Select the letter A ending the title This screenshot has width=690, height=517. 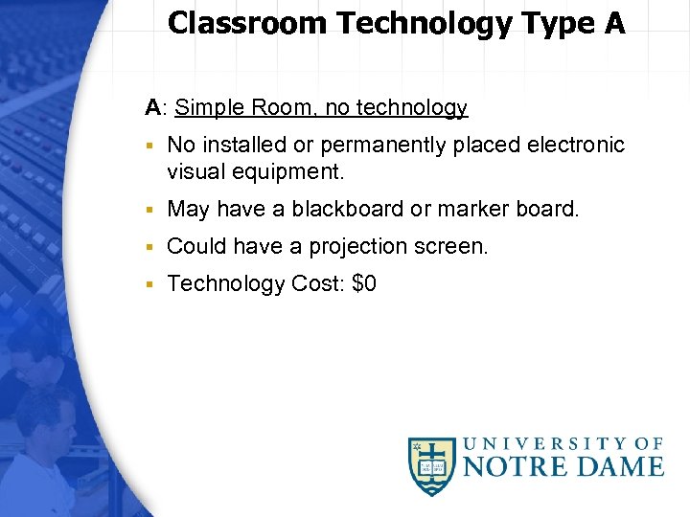pos(614,22)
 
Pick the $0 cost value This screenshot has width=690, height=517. pos(364,283)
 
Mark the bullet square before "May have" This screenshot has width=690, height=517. pos(149,210)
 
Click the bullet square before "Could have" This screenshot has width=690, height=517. pos(149,247)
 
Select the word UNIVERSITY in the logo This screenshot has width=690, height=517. pos(551,443)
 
